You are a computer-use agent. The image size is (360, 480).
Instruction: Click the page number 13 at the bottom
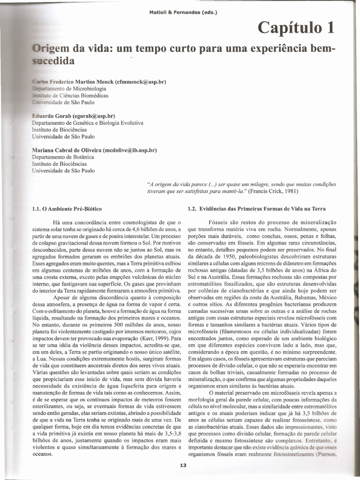pos(183,465)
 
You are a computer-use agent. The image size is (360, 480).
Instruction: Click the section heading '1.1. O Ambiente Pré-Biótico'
pos(67,208)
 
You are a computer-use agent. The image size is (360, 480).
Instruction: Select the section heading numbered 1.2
pos(256,208)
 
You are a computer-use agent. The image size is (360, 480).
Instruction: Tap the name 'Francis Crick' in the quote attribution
pos(262,191)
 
